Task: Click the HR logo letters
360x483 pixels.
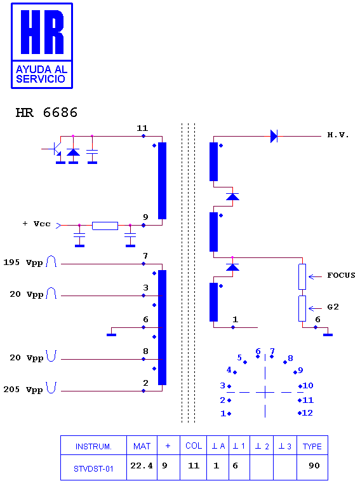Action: tap(42, 32)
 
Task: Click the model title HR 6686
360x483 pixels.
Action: tap(46, 112)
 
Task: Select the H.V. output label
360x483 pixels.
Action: tap(338, 135)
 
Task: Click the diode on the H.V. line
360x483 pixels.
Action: tap(274, 136)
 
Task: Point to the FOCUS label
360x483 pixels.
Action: tap(341, 275)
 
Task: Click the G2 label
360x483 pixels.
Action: tap(333, 307)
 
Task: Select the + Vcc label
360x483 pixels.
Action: tap(37, 224)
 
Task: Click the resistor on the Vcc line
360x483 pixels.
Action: tap(105, 226)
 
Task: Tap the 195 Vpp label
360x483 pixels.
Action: tap(23, 262)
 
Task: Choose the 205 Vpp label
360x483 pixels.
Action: tap(23, 390)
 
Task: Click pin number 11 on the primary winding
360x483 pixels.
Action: tap(142, 128)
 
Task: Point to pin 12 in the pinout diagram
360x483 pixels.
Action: tap(307, 412)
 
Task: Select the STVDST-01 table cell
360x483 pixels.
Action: tap(93, 469)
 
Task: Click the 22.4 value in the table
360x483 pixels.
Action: tap(142, 465)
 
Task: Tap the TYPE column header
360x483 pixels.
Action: tap(312, 446)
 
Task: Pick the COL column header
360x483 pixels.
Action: tap(194, 446)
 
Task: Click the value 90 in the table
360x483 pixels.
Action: tap(314, 465)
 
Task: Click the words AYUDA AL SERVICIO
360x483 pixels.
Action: tap(41, 74)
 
